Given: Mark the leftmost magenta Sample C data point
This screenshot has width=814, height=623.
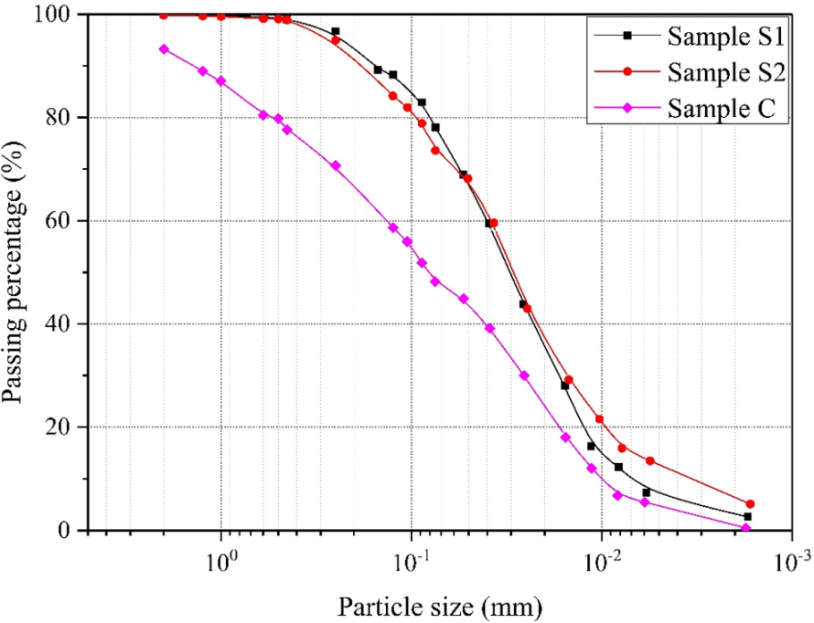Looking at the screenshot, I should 164,48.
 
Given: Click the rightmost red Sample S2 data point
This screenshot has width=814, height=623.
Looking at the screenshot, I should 750,504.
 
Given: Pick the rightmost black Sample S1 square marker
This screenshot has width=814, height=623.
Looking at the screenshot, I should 747,517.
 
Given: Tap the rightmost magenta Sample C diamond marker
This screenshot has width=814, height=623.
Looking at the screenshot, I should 746,528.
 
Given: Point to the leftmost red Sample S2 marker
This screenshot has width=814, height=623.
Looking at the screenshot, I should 164,15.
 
